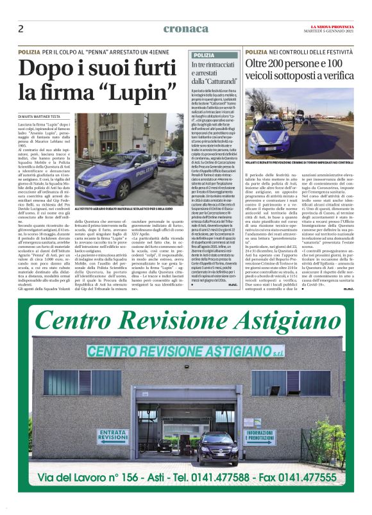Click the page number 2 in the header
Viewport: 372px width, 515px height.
click(x=21, y=28)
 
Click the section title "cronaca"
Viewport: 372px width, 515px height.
click(x=185, y=28)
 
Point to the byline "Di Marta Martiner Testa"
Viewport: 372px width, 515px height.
click(x=47, y=115)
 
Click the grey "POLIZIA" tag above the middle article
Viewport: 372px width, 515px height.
click(x=204, y=55)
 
